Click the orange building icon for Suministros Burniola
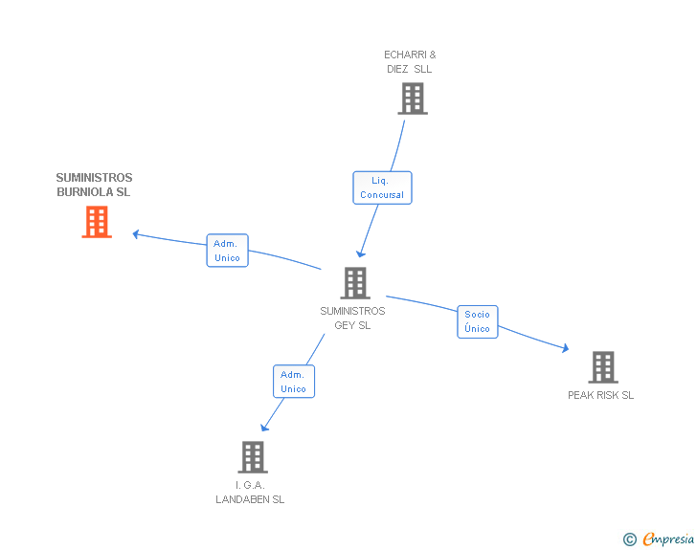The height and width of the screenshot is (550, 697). [97, 222]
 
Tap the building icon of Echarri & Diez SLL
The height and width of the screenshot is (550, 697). [412, 99]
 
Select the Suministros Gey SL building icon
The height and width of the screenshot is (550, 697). [354, 283]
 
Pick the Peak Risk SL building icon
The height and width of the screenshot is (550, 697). [602, 367]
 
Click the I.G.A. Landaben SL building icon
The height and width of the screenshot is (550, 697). [252, 457]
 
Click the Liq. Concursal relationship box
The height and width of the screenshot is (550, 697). [382, 187]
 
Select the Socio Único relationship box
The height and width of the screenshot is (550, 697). [477, 321]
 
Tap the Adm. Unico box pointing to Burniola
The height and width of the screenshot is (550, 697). [227, 251]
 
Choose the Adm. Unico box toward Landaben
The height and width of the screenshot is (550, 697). [293, 382]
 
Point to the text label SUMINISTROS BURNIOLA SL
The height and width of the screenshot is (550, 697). [94, 185]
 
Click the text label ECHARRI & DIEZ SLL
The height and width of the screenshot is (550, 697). [410, 62]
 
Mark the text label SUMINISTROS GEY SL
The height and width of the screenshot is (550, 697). [352, 318]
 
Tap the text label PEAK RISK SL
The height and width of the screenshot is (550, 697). [600, 395]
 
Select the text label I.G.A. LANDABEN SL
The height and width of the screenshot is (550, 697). [250, 493]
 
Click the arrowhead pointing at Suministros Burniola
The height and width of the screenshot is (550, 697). [137, 233]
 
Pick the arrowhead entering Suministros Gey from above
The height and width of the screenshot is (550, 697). [360, 253]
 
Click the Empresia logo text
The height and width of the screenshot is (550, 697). [667, 539]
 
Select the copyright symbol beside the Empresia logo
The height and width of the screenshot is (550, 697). [629, 539]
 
